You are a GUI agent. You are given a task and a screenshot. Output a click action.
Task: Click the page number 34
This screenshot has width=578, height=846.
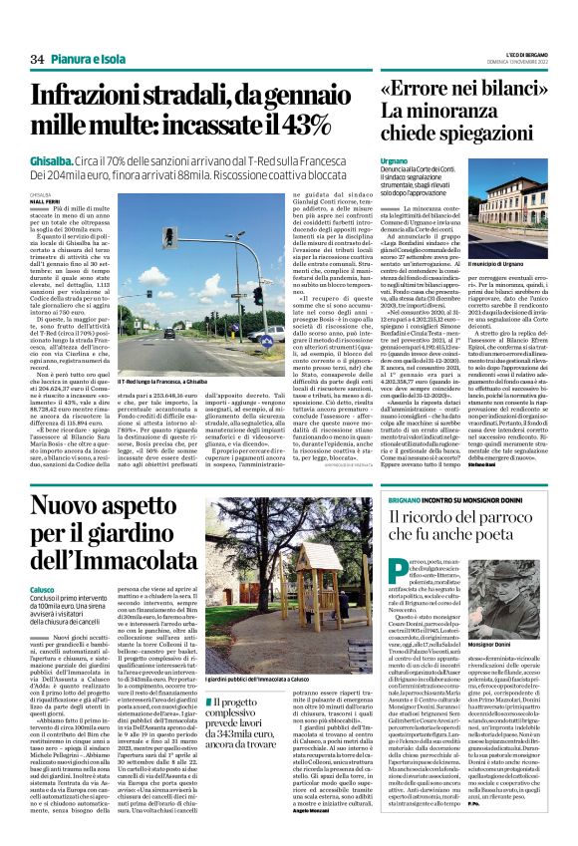[38, 59]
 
